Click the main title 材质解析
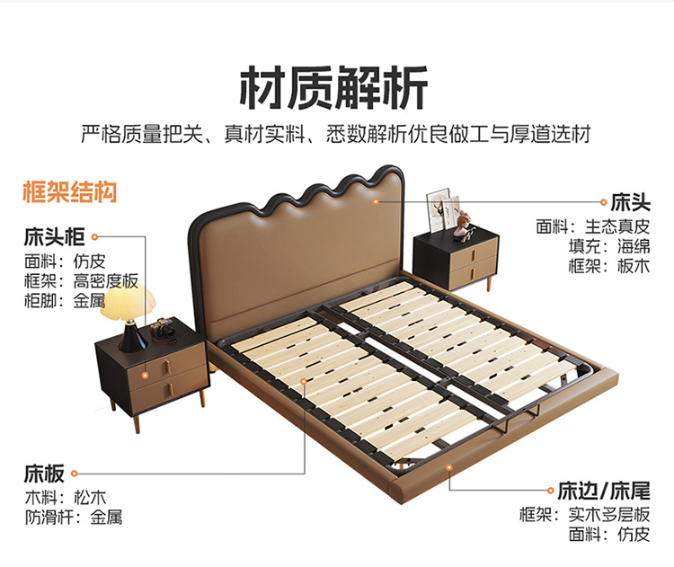click(x=334, y=88)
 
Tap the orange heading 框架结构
click(x=69, y=192)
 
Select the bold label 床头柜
click(x=54, y=238)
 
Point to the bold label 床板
click(x=44, y=473)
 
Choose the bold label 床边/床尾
click(x=603, y=491)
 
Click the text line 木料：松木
click(x=65, y=497)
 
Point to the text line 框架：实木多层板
click(x=584, y=515)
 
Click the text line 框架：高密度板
click(x=81, y=280)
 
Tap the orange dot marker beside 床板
click(x=74, y=473)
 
